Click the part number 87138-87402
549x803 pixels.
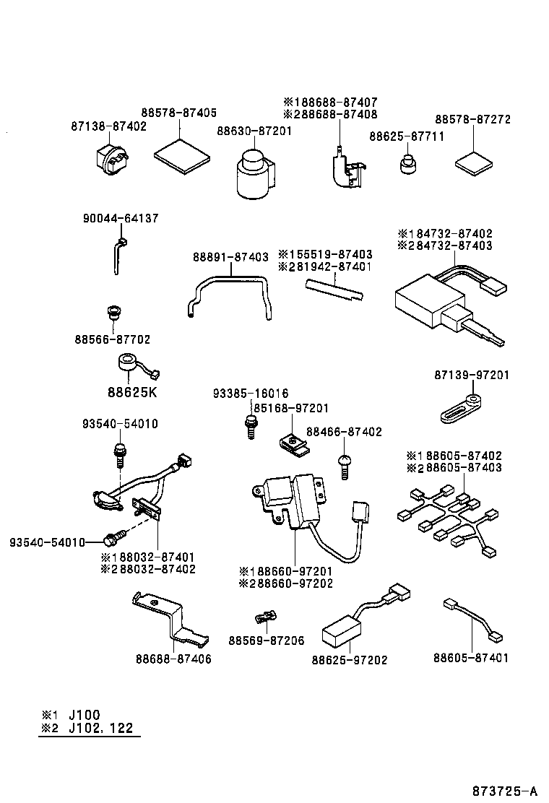[108, 126]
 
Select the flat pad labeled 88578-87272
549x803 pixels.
[475, 164]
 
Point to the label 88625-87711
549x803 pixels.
[407, 136]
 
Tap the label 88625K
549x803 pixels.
[131, 393]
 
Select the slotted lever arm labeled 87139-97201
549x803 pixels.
[460, 409]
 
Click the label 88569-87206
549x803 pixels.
[266, 641]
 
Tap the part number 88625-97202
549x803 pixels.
[350, 659]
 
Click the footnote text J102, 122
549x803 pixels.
[100, 728]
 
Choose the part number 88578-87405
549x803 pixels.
[178, 113]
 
